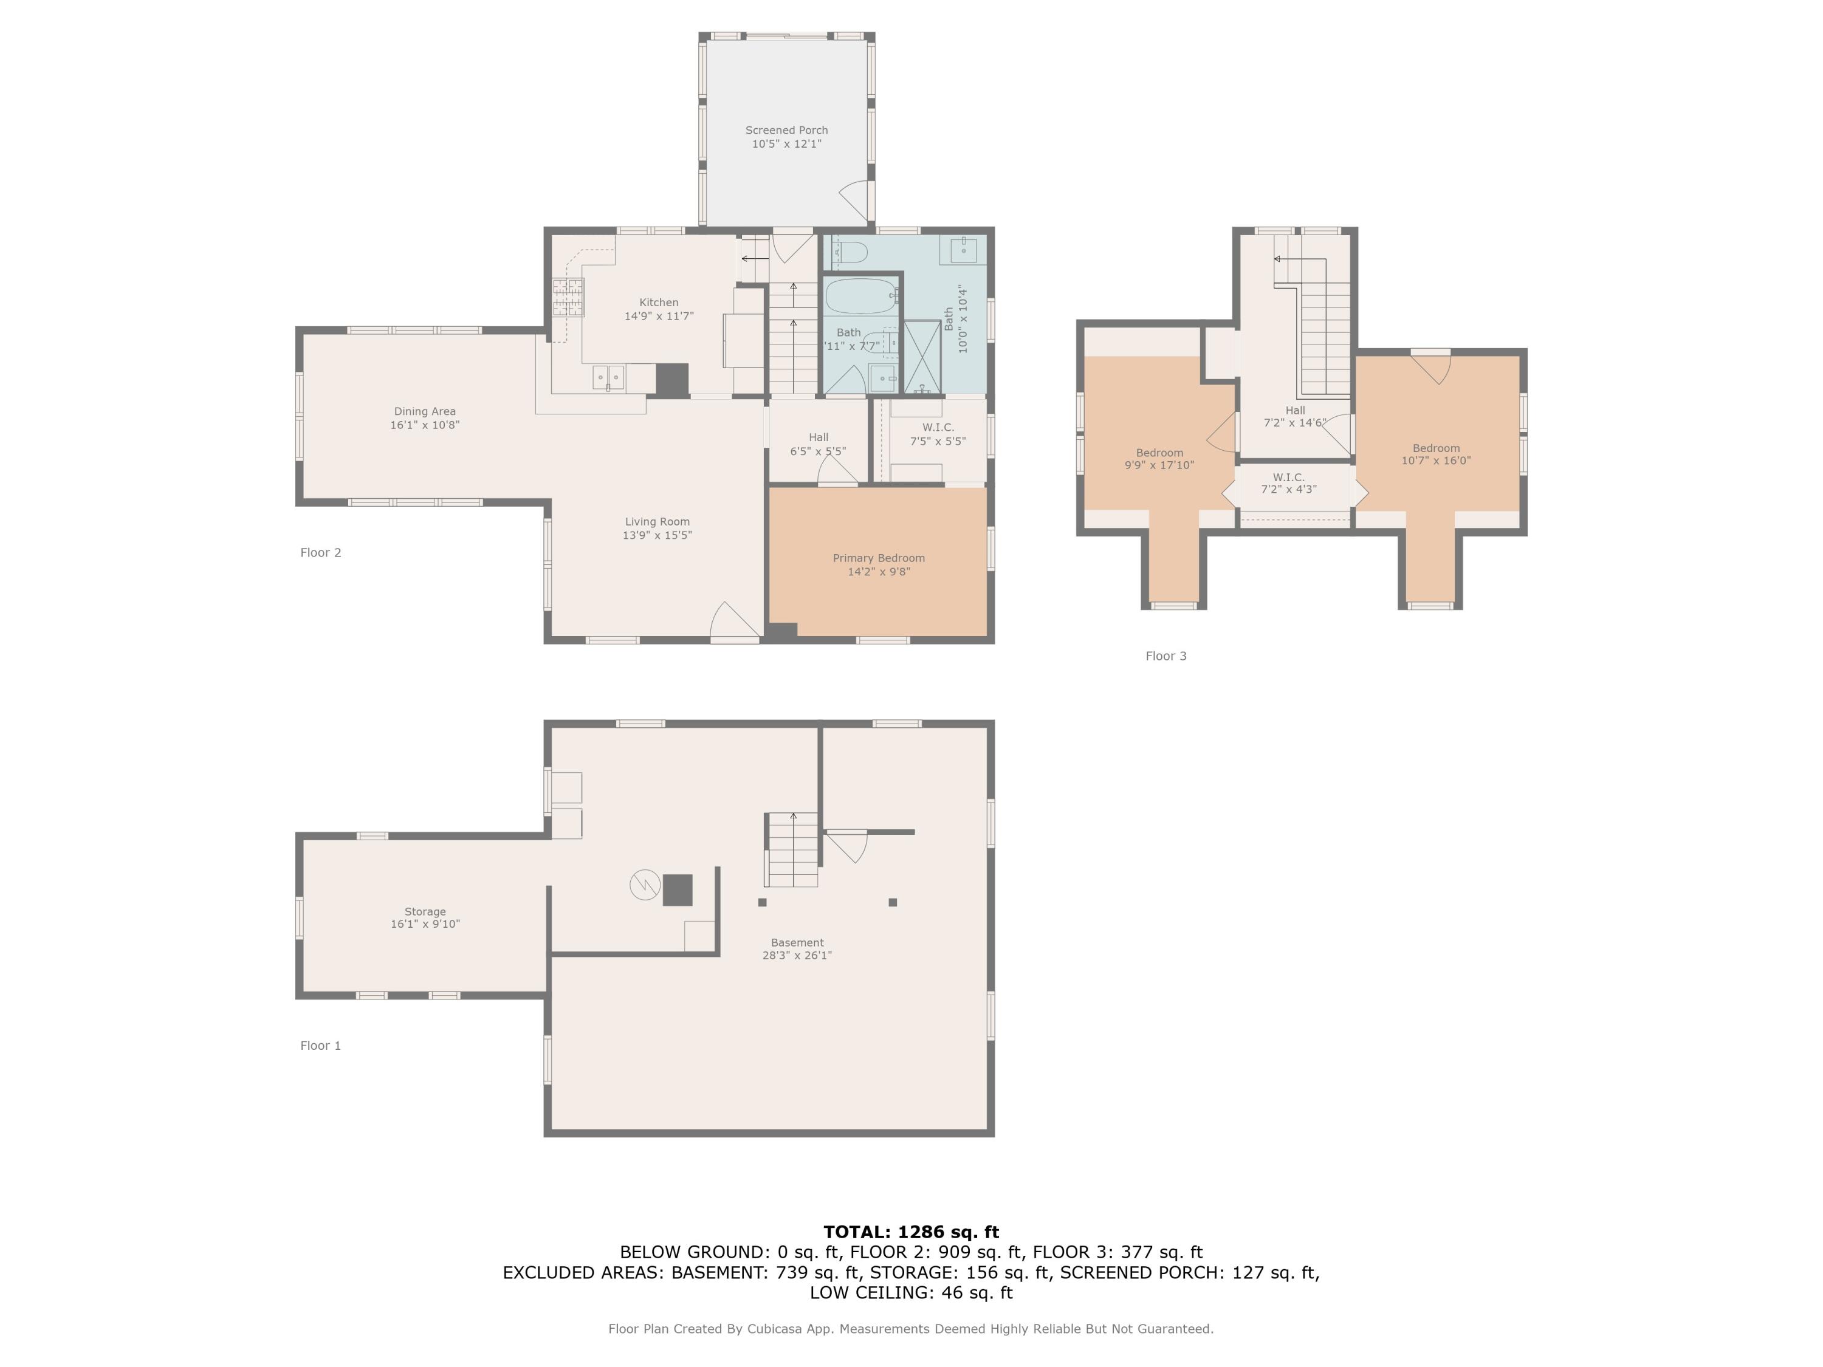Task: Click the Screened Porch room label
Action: (786, 130)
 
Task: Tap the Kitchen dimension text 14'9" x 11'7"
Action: (659, 315)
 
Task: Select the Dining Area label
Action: (424, 411)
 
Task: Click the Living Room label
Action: (657, 521)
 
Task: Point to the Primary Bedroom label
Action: (879, 558)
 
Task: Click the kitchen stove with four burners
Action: (568, 298)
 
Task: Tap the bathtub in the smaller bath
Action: (861, 296)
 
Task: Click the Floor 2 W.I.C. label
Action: (938, 428)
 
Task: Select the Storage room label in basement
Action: (424, 911)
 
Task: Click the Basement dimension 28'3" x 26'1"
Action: (797, 955)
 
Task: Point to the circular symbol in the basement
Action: (645, 885)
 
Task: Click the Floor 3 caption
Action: (1166, 656)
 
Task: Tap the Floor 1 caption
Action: (320, 1046)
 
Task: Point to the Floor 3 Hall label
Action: (1295, 410)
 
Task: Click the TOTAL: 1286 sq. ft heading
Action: (911, 1232)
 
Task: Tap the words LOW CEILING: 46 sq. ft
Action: (911, 1293)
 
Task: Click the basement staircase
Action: (793, 849)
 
